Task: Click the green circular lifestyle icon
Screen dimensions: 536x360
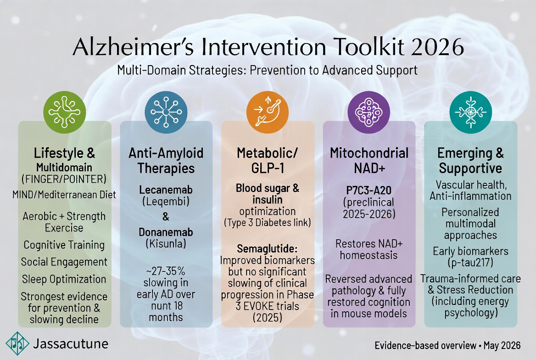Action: pos(64,112)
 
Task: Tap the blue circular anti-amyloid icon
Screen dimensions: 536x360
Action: pos(166,112)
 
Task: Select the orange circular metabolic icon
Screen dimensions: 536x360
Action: pos(268,112)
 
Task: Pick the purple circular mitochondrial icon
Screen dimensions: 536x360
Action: pos(369,112)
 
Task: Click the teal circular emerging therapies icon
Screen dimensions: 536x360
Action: pos(471,112)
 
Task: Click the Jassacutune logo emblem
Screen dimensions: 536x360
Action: pos(17,343)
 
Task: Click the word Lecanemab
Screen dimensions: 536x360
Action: pos(166,190)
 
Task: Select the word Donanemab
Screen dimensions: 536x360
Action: pos(166,232)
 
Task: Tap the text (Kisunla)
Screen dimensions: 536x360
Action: pos(166,244)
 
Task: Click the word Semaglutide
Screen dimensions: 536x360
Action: pos(267,248)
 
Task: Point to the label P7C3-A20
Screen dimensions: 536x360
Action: pos(369,190)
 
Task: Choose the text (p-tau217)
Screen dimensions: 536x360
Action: pos(470,263)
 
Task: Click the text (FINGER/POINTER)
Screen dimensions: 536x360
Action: pos(64,179)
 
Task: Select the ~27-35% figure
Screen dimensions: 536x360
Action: pos(166,271)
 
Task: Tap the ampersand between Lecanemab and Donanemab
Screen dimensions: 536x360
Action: pos(166,217)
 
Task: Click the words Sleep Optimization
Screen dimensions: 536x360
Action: pos(64,279)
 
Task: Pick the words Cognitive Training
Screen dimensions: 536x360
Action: pos(64,245)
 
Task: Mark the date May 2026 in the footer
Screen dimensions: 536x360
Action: pos(502,346)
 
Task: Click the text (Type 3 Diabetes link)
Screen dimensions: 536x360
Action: pos(268,223)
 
